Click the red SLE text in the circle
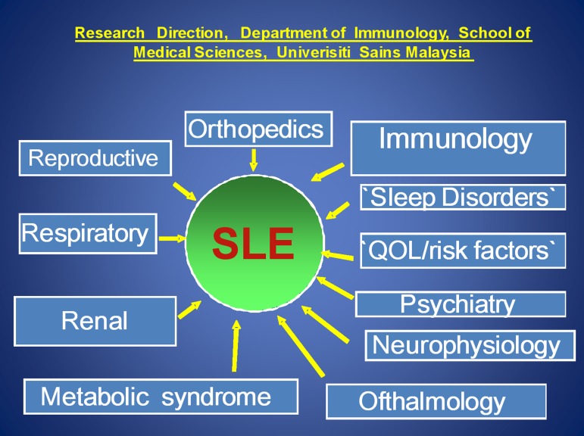tap(253, 244)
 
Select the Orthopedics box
tap(256, 129)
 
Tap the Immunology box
tap(458, 148)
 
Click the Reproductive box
tap(94, 158)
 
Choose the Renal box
tap(95, 321)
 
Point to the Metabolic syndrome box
tap(160, 397)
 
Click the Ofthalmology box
tap(436, 401)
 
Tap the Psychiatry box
tap(460, 304)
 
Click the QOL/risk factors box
tap(462, 251)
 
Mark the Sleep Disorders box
tap(462, 198)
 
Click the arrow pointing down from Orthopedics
tap(254, 159)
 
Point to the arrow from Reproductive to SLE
tap(185, 191)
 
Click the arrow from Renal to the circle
tap(189, 309)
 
